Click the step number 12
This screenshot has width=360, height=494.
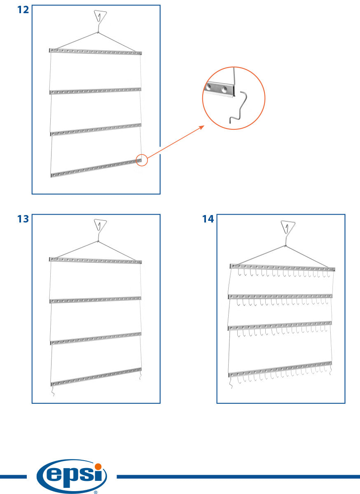click(23, 9)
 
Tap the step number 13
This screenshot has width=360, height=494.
click(23, 219)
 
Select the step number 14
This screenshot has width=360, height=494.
click(208, 219)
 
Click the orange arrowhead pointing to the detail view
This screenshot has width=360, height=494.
click(201, 127)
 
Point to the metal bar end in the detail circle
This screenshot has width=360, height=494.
click(220, 89)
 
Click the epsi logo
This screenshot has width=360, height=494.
click(72, 476)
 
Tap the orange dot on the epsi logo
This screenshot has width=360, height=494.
click(98, 467)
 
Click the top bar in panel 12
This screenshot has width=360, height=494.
click(96, 52)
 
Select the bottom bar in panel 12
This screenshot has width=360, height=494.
click(96, 168)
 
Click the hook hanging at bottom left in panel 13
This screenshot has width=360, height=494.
click(53, 391)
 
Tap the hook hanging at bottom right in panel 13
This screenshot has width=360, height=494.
click(140, 375)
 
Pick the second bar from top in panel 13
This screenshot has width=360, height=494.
click(96, 300)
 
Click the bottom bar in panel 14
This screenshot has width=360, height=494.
click(280, 369)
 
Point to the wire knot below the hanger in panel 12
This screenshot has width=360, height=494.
click(98, 32)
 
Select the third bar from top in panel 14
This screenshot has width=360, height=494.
click(280, 326)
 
